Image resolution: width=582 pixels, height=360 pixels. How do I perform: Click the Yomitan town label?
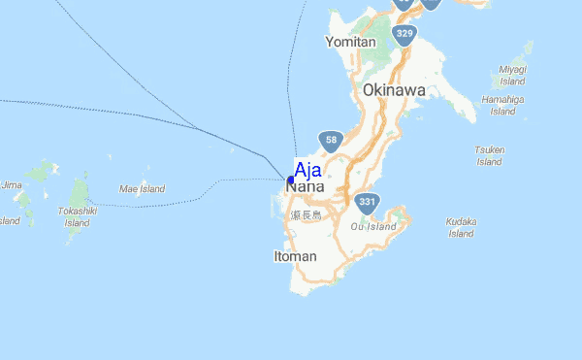tap(350, 42)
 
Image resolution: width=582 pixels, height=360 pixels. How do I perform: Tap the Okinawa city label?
tap(394, 90)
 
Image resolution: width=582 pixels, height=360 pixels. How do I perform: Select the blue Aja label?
tap(308, 170)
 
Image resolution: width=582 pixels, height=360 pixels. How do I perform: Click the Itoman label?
tap(295, 256)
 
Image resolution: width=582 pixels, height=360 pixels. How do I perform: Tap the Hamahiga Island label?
tap(502, 105)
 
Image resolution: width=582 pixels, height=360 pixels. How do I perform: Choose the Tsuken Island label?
tap(490, 155)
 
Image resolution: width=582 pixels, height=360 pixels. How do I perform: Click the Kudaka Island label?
tap(461, 227)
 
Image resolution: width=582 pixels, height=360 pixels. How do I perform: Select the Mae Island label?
tap(142, 188)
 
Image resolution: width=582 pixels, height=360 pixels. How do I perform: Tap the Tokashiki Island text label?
tap(77, 216)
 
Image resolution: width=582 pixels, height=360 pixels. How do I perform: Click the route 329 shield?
tap(404, 34)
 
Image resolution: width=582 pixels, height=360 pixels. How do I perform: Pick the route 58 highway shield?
tap(332, 141)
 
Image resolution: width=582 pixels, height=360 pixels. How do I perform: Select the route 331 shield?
tap(366, 202)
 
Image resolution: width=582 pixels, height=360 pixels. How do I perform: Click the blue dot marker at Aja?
tap(291, 180)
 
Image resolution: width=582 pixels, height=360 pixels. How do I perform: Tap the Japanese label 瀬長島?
tap(305, 215)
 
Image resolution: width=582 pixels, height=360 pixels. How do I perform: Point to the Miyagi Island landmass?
tap(528, 50)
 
